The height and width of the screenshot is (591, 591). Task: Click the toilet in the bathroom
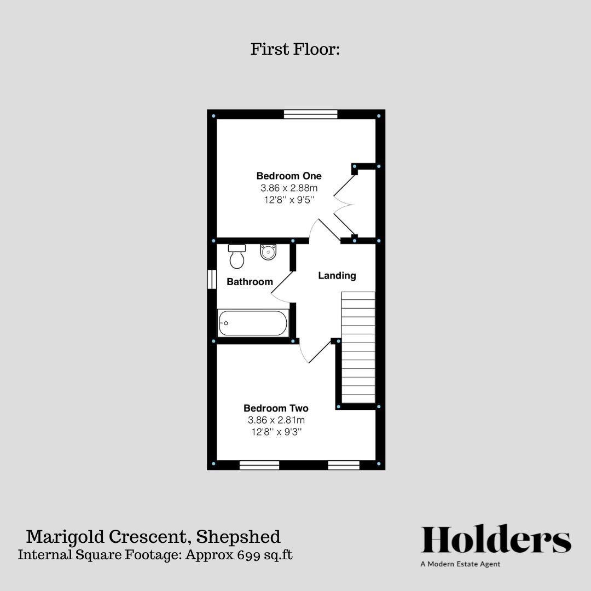point(236,256)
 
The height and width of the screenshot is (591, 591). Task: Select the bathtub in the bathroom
point(252,323)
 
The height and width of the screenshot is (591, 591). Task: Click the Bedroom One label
point(289,176)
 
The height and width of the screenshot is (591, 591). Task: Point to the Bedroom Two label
point(276,408)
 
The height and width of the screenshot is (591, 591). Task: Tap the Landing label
point(337,276)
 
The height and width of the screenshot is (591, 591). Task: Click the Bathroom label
point(250,282)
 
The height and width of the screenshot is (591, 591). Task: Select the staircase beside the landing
point(358,347)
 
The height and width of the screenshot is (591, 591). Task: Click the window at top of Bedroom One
point(310,114)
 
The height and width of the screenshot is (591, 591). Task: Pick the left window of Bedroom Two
point(259,465)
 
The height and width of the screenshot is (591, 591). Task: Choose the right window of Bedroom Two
point(344,465)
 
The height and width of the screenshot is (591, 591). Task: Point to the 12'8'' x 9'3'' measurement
point(276,432)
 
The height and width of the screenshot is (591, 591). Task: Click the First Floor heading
point(296,49)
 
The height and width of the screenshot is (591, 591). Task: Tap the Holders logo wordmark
point(496,541)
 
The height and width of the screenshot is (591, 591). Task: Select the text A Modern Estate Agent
point(460,564)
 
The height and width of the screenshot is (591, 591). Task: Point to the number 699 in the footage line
point(248,554)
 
